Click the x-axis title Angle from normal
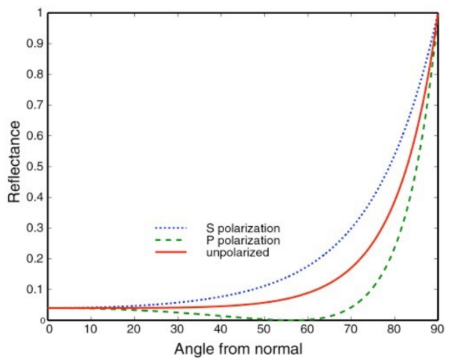tap(244, 348)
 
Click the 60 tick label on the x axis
tap(308, 328)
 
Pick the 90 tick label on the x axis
tap(438, 328)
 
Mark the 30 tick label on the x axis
tap(179, 328)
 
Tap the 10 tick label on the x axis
tap(92, 328)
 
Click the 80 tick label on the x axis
tap(395, 328)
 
